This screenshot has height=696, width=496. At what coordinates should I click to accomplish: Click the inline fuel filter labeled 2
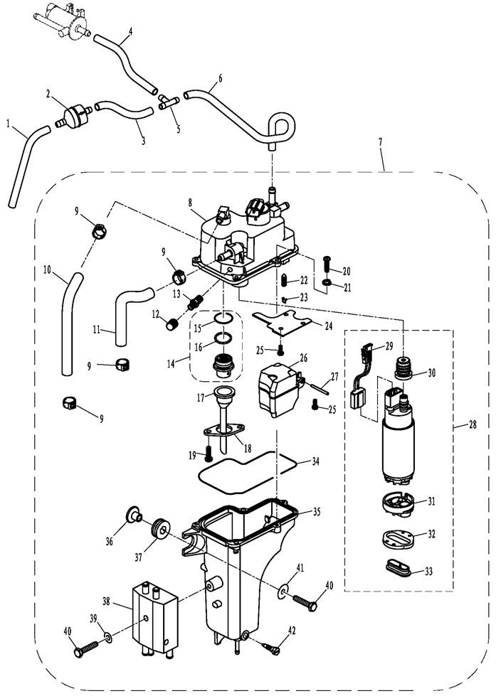pyautogui.click(x=74, y=114)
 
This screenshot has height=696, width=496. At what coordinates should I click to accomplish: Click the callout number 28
pyautogui.click(x=473, y=425)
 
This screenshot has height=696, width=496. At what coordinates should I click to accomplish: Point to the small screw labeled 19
pyautogui.click(x=209, y=453)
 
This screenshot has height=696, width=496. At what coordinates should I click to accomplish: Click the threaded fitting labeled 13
pyautogui.click(x=195, y=301)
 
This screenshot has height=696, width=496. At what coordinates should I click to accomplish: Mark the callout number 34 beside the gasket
pyautogui.click(x=315, y=461)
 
